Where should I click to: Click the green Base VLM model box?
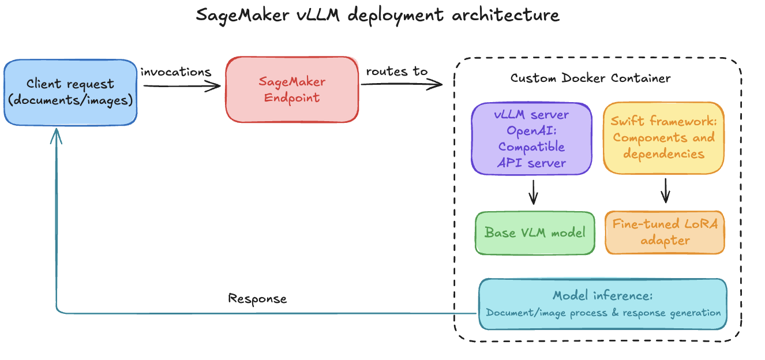(x=534, y=232)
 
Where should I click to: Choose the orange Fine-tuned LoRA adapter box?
(x=665, y=232)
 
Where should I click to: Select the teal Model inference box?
(x=602, y=304)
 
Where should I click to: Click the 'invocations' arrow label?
(x=175, y=72)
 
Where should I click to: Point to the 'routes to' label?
(x=397, y=72)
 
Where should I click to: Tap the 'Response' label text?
(x=257, y=298)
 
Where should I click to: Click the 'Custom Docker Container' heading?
(x=590, y=78)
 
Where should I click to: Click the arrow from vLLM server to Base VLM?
(x=533, y=192)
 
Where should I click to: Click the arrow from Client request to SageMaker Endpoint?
(x=181, y=86)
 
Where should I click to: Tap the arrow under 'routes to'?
(x=401, y=85)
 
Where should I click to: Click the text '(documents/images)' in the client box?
(x=70, y=99)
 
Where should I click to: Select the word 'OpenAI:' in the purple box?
(x=531, y=130)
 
